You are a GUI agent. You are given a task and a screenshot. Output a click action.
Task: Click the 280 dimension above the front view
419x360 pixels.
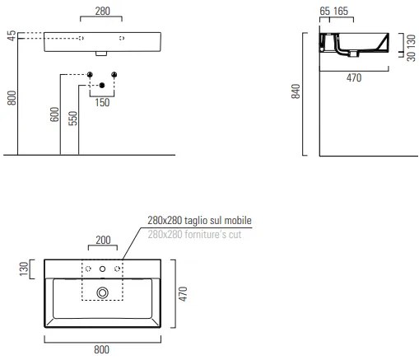(103, 12)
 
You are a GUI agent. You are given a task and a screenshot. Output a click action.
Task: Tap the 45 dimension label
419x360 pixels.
(12, 35)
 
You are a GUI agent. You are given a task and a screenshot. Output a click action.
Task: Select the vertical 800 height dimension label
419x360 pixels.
(12, 98)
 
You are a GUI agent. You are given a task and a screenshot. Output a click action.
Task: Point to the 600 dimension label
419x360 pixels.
(54, 115)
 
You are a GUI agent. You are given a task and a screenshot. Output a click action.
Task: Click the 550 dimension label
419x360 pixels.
(73, 118)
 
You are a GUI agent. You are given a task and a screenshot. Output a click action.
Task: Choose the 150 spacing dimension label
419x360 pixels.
(102, 103)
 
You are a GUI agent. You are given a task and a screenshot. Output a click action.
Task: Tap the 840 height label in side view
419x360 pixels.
(296, 91)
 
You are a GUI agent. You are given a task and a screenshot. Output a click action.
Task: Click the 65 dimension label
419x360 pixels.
(324, 12)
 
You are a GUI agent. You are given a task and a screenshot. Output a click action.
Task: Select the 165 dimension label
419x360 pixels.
(341, 12)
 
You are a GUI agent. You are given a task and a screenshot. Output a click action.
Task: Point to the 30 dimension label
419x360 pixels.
(411, 56)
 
